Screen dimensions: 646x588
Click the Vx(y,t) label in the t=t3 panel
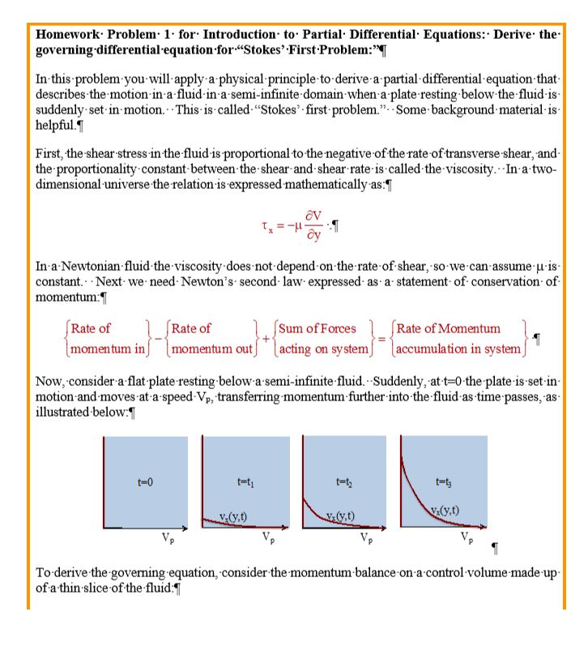pyautogui.click(x=445, y=511)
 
